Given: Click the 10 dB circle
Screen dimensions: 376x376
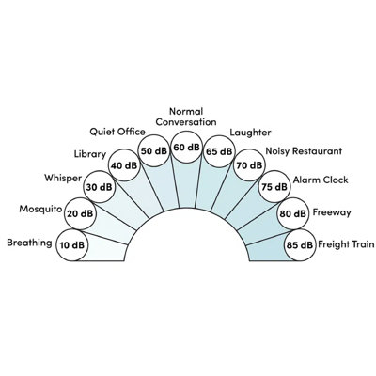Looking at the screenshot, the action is [72, 244].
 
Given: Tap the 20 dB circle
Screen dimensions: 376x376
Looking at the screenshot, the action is [80, 213].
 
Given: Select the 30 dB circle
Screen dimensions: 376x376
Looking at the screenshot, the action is [99, 187].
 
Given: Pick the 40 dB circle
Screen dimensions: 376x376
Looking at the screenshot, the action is [124, 165].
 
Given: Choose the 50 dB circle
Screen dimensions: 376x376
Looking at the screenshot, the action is [154, 151].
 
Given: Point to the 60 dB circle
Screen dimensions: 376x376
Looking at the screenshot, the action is [187, 147].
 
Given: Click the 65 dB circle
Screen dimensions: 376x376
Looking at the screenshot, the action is [219, 151].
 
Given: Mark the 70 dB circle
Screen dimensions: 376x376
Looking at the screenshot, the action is [249, 165].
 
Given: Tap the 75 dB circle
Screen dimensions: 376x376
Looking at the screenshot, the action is [274, 187].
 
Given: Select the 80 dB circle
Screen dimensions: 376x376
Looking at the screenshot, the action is [293, 213].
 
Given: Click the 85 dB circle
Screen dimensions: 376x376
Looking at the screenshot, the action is [300, 244].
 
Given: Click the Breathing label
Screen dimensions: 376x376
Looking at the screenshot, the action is [29, 243].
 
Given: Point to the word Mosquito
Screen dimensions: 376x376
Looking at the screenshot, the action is [40, 210].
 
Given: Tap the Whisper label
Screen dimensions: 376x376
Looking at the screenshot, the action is [63, 179].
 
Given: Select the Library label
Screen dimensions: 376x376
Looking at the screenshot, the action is [90, 154].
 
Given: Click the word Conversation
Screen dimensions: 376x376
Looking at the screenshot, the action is [186, 122].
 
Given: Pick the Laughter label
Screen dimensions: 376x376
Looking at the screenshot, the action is [250, 133].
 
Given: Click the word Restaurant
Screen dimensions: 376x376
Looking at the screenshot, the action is [317, 151].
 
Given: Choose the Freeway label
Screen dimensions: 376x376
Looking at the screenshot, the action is [332, 212].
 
